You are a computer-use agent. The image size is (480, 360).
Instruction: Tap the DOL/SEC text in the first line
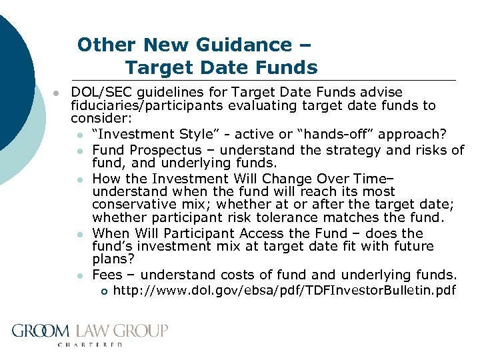pyautogui.click(x=98, y=92)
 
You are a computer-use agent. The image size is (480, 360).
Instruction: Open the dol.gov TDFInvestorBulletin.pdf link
pyautogui.click(x=285, y=290)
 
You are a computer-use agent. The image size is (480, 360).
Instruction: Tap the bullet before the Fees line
pyautogui.click(x=79, y=275)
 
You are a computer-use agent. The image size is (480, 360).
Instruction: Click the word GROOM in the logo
pyautogui.click(x=41, y=331)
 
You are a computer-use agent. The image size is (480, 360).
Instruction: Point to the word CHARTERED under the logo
pyautogui.click(x=91, y=345)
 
